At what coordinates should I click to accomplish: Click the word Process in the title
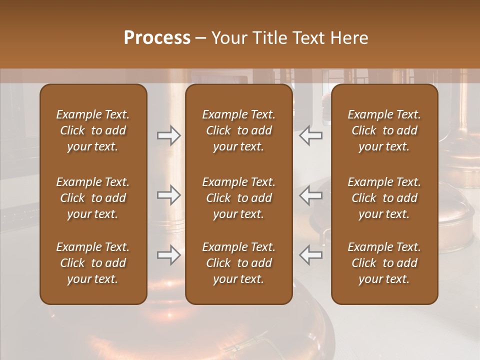tap(157, 37)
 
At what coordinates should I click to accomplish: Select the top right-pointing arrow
tap(169, 135)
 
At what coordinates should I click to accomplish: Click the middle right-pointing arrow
tap(169, 195)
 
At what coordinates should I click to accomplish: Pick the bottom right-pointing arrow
tap(169, 254)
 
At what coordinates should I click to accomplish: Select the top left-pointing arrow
tap(310, 135)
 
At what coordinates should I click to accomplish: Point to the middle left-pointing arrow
tap(310, 195)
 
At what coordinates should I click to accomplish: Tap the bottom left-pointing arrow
tap(310, 254)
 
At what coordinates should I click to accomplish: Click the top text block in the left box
tap(93, 130)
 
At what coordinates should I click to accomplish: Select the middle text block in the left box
tap(93, 198)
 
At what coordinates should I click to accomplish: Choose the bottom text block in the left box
tap(93, 263)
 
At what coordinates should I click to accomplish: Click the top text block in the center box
tap(239, 130)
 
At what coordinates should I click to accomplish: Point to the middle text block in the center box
tap(239, 198)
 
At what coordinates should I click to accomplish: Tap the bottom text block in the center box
tap(239, 263)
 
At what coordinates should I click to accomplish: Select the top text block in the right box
tap(384, 130)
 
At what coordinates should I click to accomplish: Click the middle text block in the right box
tap(384, 198)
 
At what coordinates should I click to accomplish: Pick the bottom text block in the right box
tap(384, 263)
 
